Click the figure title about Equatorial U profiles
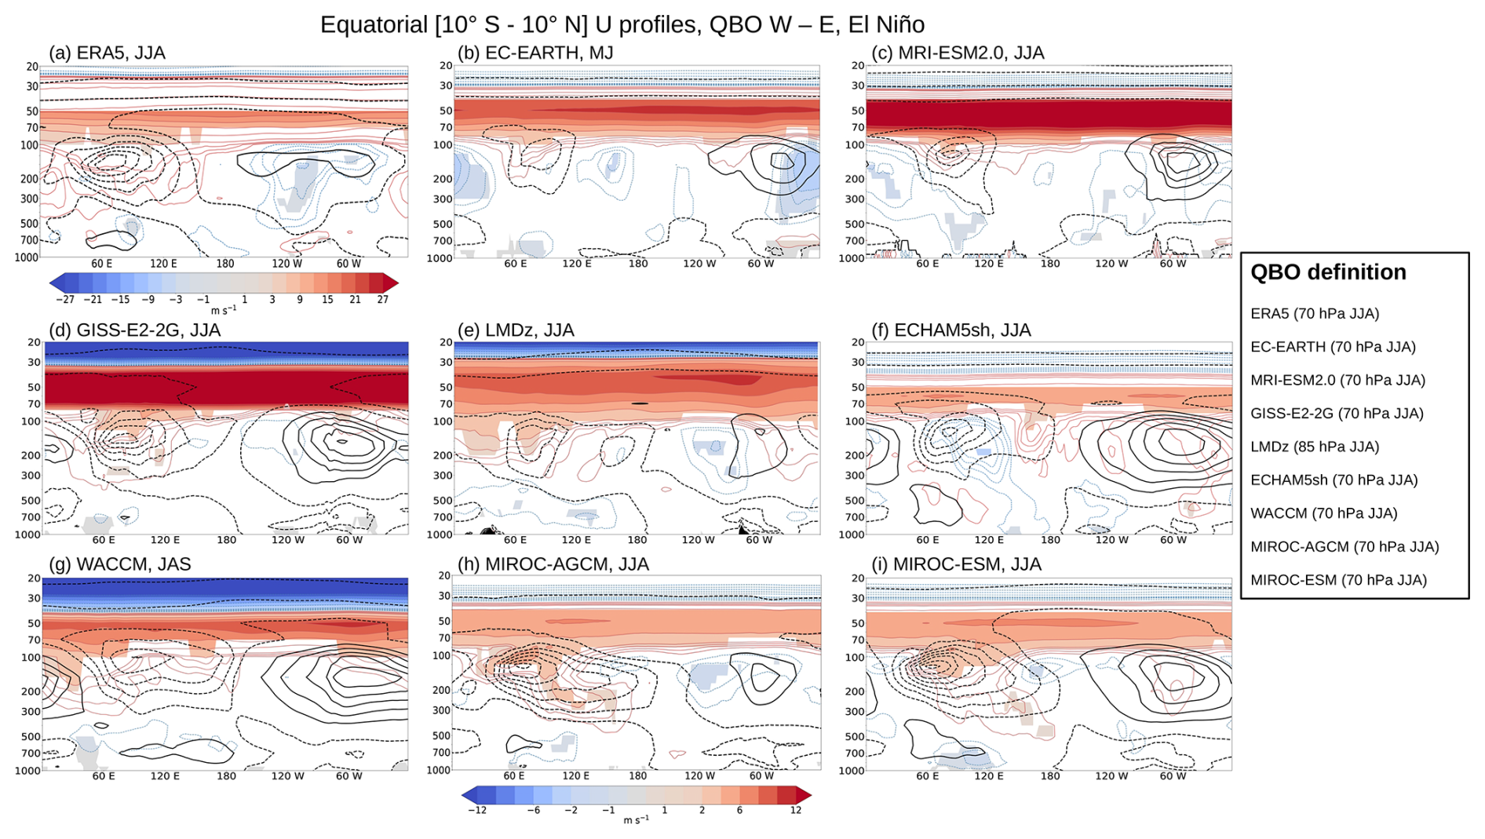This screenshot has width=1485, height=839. pyautogui.click(x=622, y=24)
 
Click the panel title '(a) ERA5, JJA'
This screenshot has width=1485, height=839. pyautogui.click(x=107, y=53)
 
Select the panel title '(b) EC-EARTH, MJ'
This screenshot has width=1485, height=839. pyautogui.click(x=535, y=53)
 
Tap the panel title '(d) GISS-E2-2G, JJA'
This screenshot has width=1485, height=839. pyautogui.click(x=134, y=330)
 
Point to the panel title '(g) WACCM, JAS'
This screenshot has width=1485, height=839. pyautogui.click(x=119, y=564)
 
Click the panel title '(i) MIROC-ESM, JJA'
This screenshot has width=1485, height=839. pyautogui.click(x=956, y=564)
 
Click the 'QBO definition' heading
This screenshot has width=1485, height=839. pyautogui.click(x=1327, y=272)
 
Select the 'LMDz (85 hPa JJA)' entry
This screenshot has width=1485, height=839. pyautogui.click(x=1315, y=447)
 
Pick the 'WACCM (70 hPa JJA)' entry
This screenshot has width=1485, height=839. pyautogui.click(x=1323, y=513)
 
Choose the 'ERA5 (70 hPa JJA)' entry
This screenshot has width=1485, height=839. pyautogui.click(x=1315, y=313)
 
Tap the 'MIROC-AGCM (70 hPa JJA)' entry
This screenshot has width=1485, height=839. pyautogui.click(x=1345, y=546)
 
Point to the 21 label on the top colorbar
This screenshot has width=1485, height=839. pyautogui.click(x=355, y=300)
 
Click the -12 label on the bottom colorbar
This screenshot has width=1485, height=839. pyautogui.click(x=477, y=810)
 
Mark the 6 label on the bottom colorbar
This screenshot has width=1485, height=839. pyautogui.click(x=739, y=810)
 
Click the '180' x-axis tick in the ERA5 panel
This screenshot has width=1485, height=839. pyautogui.click(x=225, y=264)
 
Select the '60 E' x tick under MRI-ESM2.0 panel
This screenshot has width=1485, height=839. pyautogui.click(x=927, y=264)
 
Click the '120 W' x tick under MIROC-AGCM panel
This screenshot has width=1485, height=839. pyautogui.click(x=699, y=775)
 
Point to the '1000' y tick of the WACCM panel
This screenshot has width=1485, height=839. pyautogui.click(x=28, y=771)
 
